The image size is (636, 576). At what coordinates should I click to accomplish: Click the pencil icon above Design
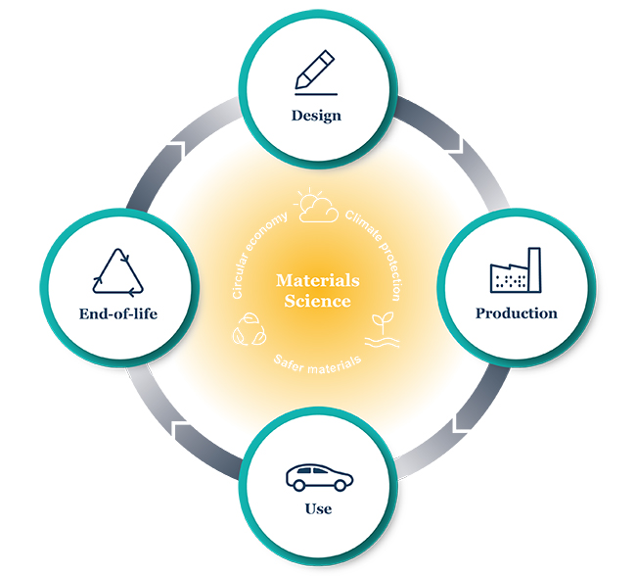[x=315, y=72]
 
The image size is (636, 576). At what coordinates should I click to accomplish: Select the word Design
[x=316, y=116]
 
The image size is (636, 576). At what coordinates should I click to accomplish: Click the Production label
[x=517, y=313]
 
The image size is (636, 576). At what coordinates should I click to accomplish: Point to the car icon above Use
[x=319, y=477]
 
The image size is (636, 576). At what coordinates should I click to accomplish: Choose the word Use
[x=318, y=508]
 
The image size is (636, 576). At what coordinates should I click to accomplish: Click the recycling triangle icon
[x=117, y=271]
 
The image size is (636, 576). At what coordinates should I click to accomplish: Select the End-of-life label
[x=118, y=313]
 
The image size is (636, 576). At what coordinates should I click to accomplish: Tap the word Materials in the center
[x=318, y=280]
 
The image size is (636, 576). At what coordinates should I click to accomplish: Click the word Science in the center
[x=318, y=301]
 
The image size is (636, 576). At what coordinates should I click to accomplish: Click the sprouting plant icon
[x=382, y=330]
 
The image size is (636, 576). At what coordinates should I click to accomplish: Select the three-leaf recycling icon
[x=250, y=329]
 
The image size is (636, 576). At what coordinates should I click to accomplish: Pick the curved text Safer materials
[x=318, y=364]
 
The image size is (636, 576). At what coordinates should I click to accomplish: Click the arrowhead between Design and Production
[x=456, y=147]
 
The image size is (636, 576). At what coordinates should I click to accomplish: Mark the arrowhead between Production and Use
[x=461, y=422]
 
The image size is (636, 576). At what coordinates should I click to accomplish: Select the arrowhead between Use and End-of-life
[x=181, y=430]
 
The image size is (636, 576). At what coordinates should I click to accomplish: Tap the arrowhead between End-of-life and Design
[x=177, y=150]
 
